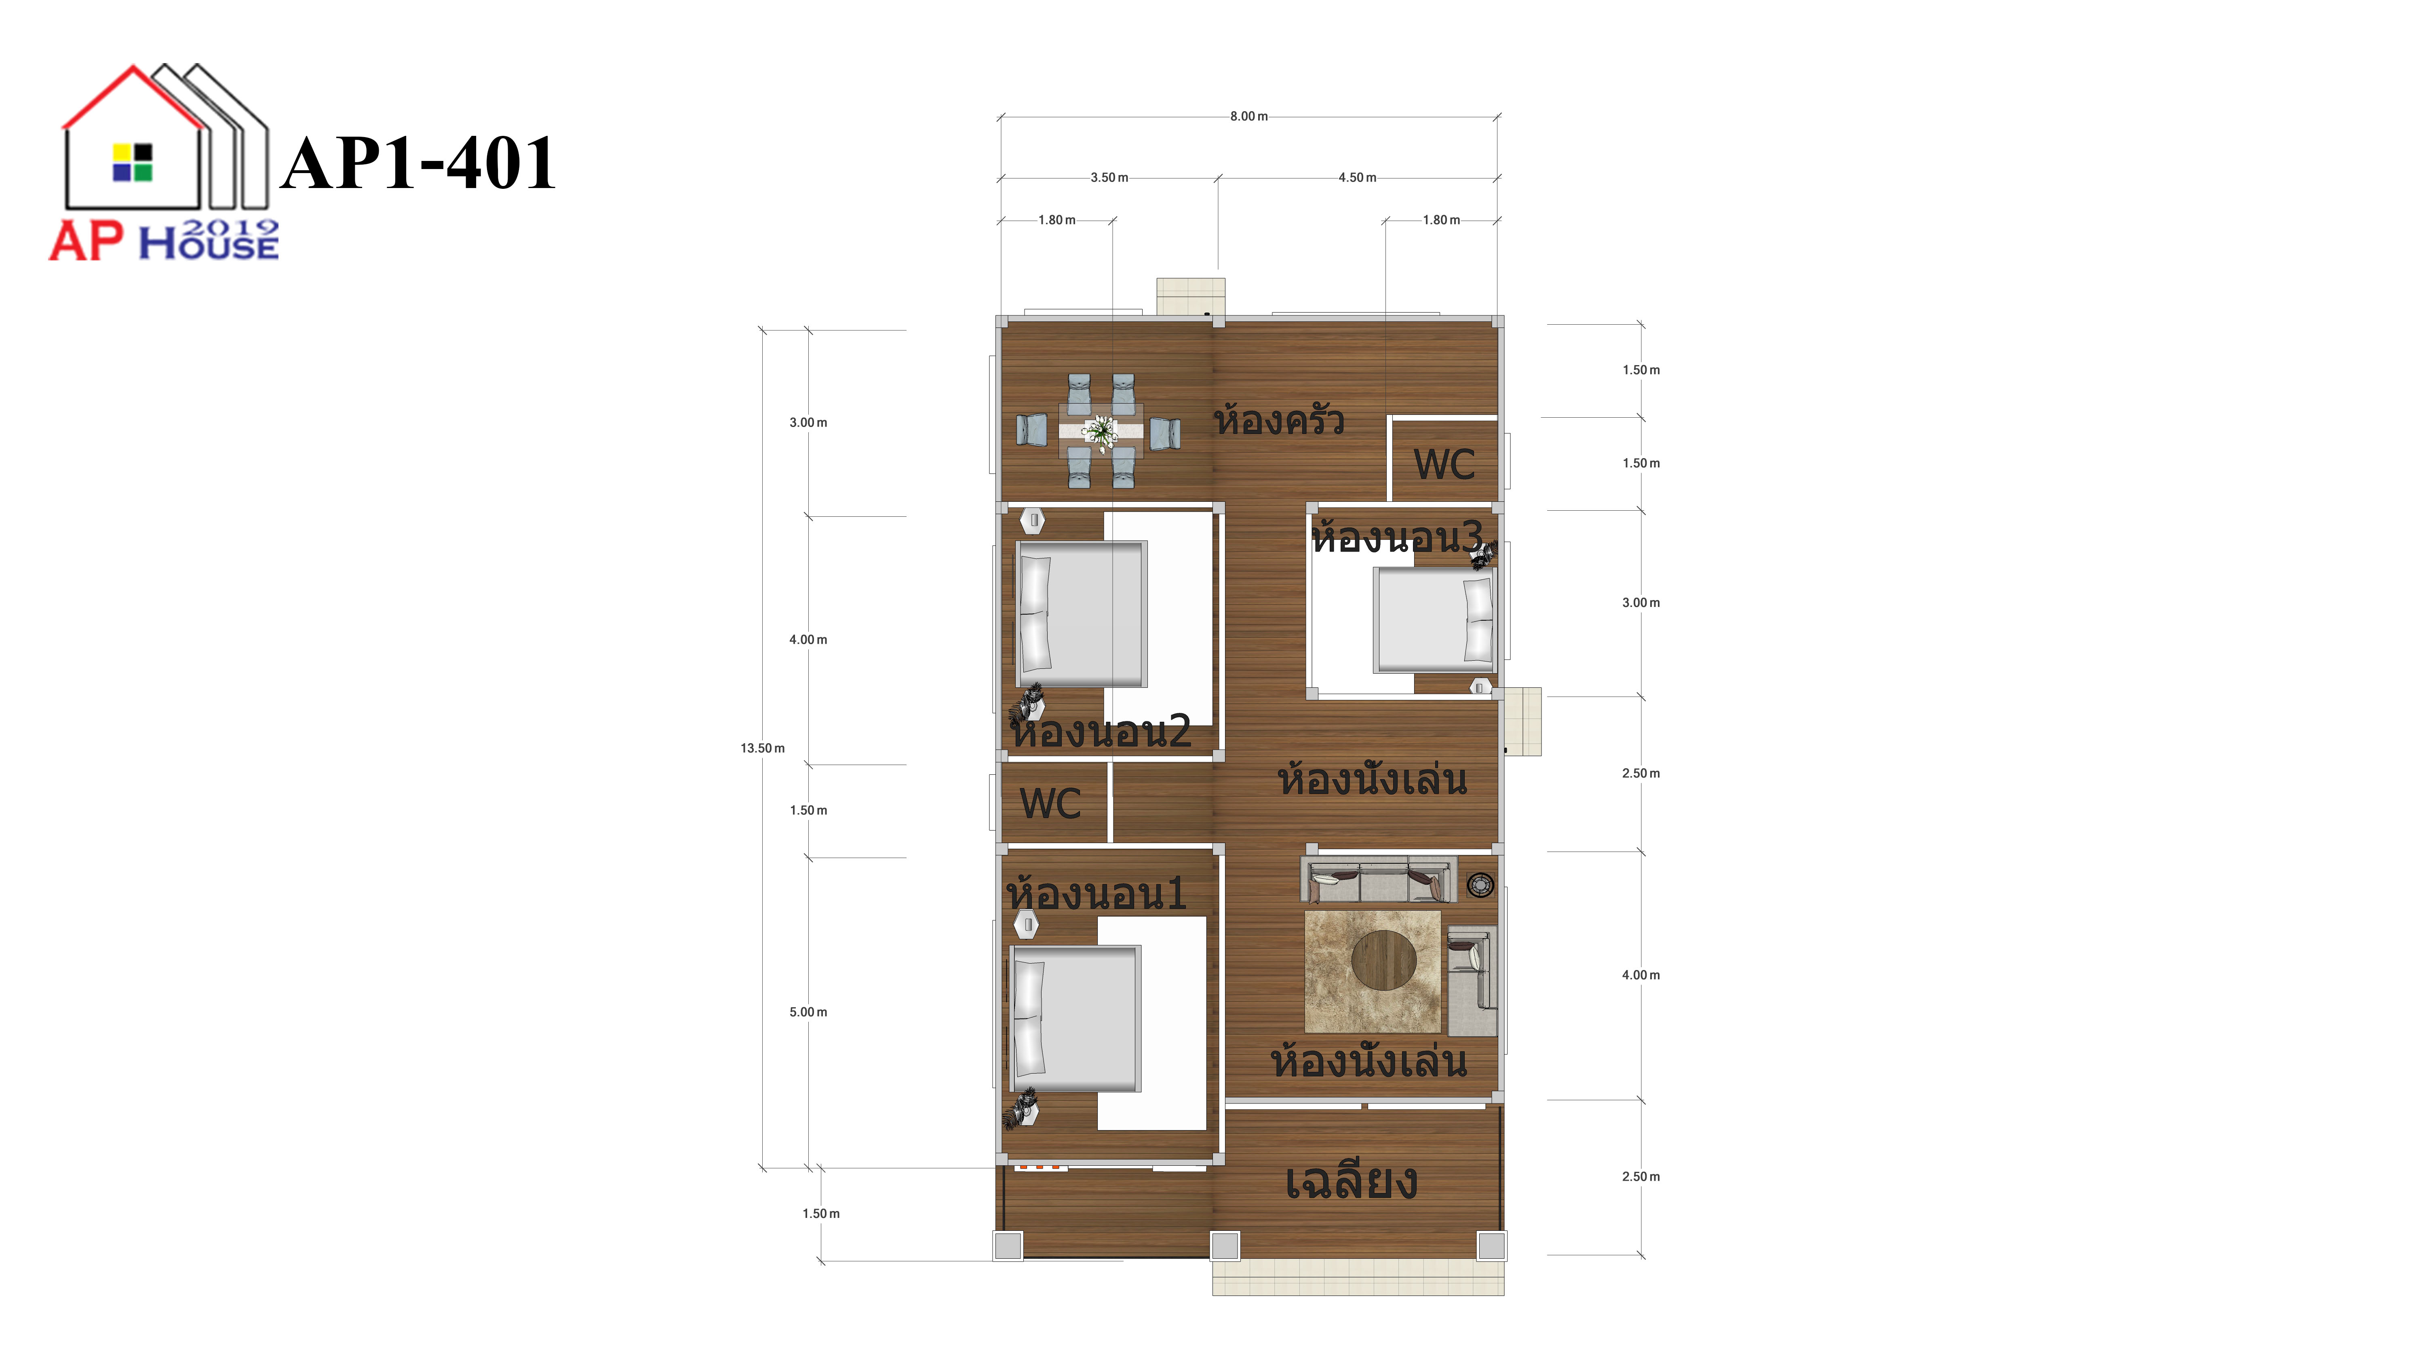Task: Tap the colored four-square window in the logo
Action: pyautogui.click(x=133, y=162)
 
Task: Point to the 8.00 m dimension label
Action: pyautogui.click(x=1248, y=117)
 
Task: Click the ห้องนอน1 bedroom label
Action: pyautogui.click(x=1097, y=893)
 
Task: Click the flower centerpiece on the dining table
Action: pyautogui.click(x=1099, y=431)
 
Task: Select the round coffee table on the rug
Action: pyautogui.click(x=1384, y=961)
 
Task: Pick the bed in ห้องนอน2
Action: pyautogui.click(x=1081, y=614)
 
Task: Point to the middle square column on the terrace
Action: pyautogui.click(x=1225, y=1246)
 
